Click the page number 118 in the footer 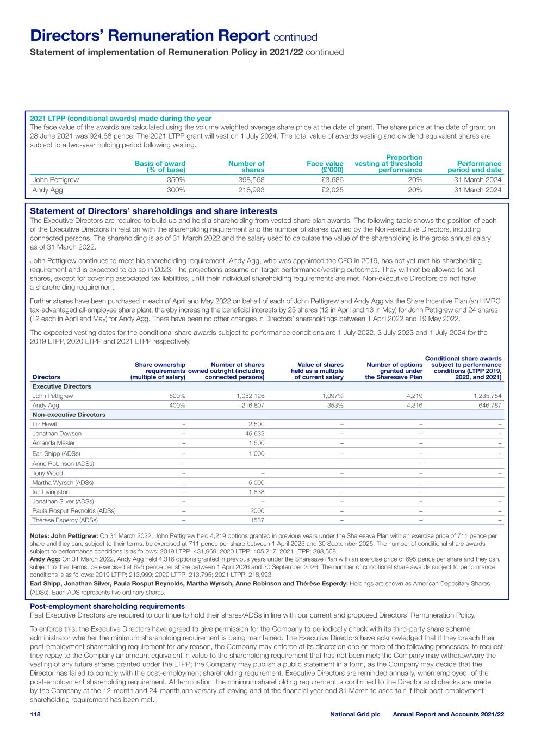(35, 714)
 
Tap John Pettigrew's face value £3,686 (332, 179)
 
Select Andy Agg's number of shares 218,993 (252, 190)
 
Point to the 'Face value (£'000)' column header (325, 166)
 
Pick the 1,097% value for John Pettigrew (332, 396)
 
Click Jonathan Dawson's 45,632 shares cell (255, 433)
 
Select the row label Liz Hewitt (46, 424)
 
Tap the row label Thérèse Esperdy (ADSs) (65, 520)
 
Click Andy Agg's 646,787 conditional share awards (488, 405)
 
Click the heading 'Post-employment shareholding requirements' (107, 606)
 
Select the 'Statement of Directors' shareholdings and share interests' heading (153, 211)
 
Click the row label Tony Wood (48, 473)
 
